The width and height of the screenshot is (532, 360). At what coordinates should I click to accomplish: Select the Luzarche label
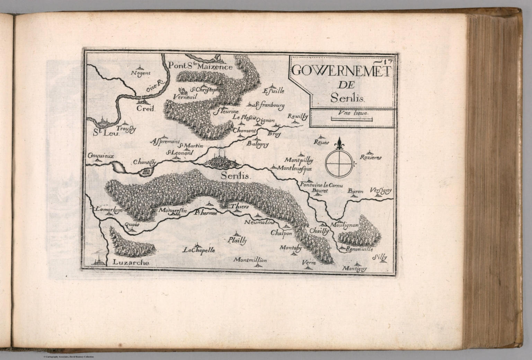pyautogui.click(x=131, y=263)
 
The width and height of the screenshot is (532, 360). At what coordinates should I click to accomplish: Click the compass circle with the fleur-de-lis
pyautogui.click(x=339, y=163)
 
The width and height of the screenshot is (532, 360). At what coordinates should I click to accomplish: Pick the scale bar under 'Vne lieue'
pyautogui.click(x=352, y=119)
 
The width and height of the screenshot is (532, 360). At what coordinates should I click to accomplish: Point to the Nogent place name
pyautogui.click(x=140, y=73)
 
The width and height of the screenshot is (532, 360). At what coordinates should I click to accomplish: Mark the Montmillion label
pyautogui.click(x=250, y=260)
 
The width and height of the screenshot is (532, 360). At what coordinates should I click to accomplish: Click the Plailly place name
pyautogui.click(x=237, y=241)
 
